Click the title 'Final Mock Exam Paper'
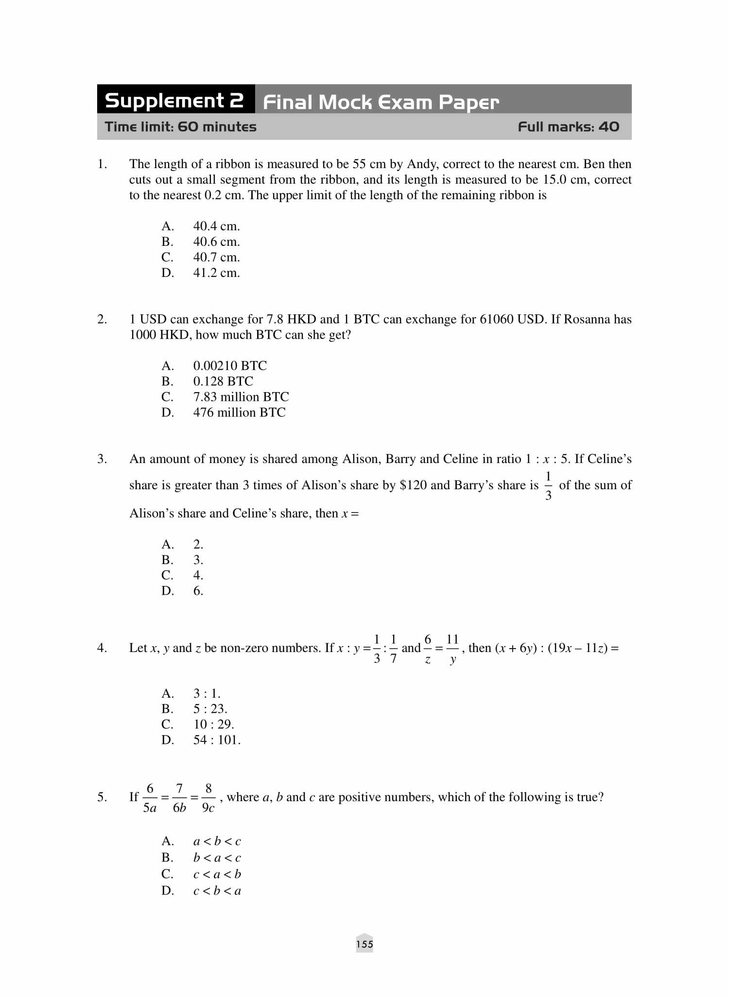click(381, 103)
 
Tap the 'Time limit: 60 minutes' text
click(181, 127)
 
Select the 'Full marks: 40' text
click(568, 127)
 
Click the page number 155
click(364, 944)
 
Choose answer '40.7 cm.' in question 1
click(216, 258)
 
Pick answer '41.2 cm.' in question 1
click(216, 273)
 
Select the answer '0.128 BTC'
click(223, 381)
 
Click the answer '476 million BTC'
click(239, 412)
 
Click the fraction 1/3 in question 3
click(548, 485)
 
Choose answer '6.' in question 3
click(198, 591)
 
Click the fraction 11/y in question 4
click(452, 649)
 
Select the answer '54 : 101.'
click(217, 740)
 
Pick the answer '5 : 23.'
click(210, 709)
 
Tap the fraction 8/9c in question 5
click(208, 798)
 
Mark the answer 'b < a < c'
click(217, 858)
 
